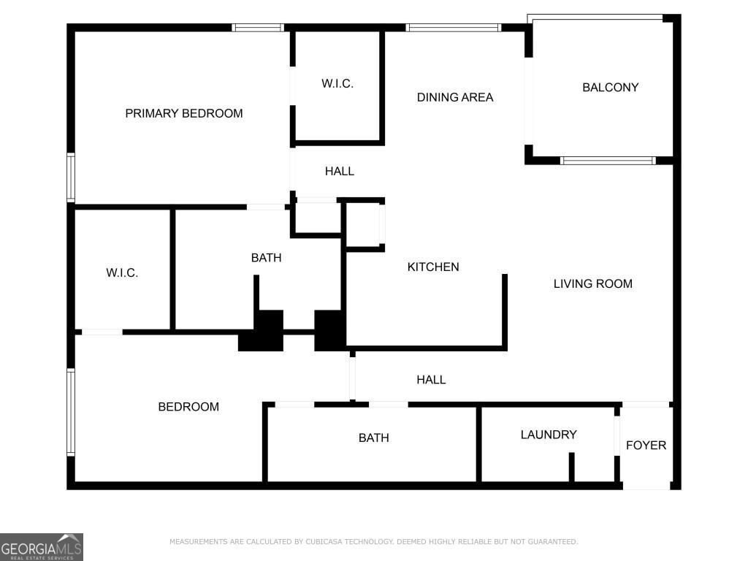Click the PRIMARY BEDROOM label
pyautogui.click(x=183, y=113)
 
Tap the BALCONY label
pyautogui.click(x=610, y=88)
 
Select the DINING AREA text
pyautogui.click(x=454, y=97)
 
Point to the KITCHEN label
pyautogui.click(x=433, y=267)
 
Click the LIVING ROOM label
pyautogui.click(x=593, y=284)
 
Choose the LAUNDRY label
pyautogui.click(x=549, y=435)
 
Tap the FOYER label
pyautogui.click(x=646, y=445)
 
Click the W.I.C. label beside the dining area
pyautogui.click(x=337, y=83)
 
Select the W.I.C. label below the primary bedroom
pyautogui.click(x=122, y=273)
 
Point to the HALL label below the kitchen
pyautogui.click(x=431, y=380)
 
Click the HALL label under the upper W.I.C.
pyautogui.click(x=339, y=171)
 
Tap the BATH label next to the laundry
pyautogui.click(x=373, y=438)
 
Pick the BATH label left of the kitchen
pyautogui.click(x=266, y=258)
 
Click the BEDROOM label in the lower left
pyautogui.click(x=188, y=407)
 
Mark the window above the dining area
pyautogui.click(x=453, y=28)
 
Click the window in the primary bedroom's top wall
pyautogui.click(x=258, y=28)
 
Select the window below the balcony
pyautogui.click(x=608, y=161)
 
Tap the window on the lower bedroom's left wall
pyautogui.click(x=71, y=412)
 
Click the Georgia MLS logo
pyautogui.click(x=42, y=547)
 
